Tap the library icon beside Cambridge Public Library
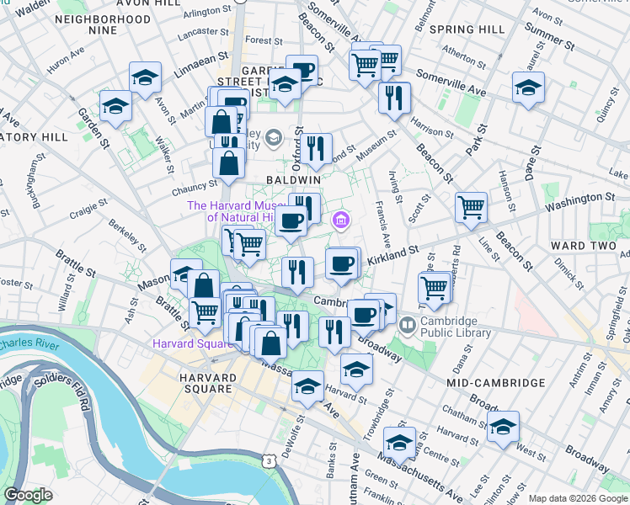point(408,323)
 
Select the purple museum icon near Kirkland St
point(341,221)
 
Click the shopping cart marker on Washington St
point(472,206)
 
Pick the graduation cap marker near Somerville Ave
point(528,87)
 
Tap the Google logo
point(28,495)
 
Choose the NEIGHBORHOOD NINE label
point(90,24)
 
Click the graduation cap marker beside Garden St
point(115,105)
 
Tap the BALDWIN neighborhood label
point(293,180)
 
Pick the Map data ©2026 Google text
point(577,498)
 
